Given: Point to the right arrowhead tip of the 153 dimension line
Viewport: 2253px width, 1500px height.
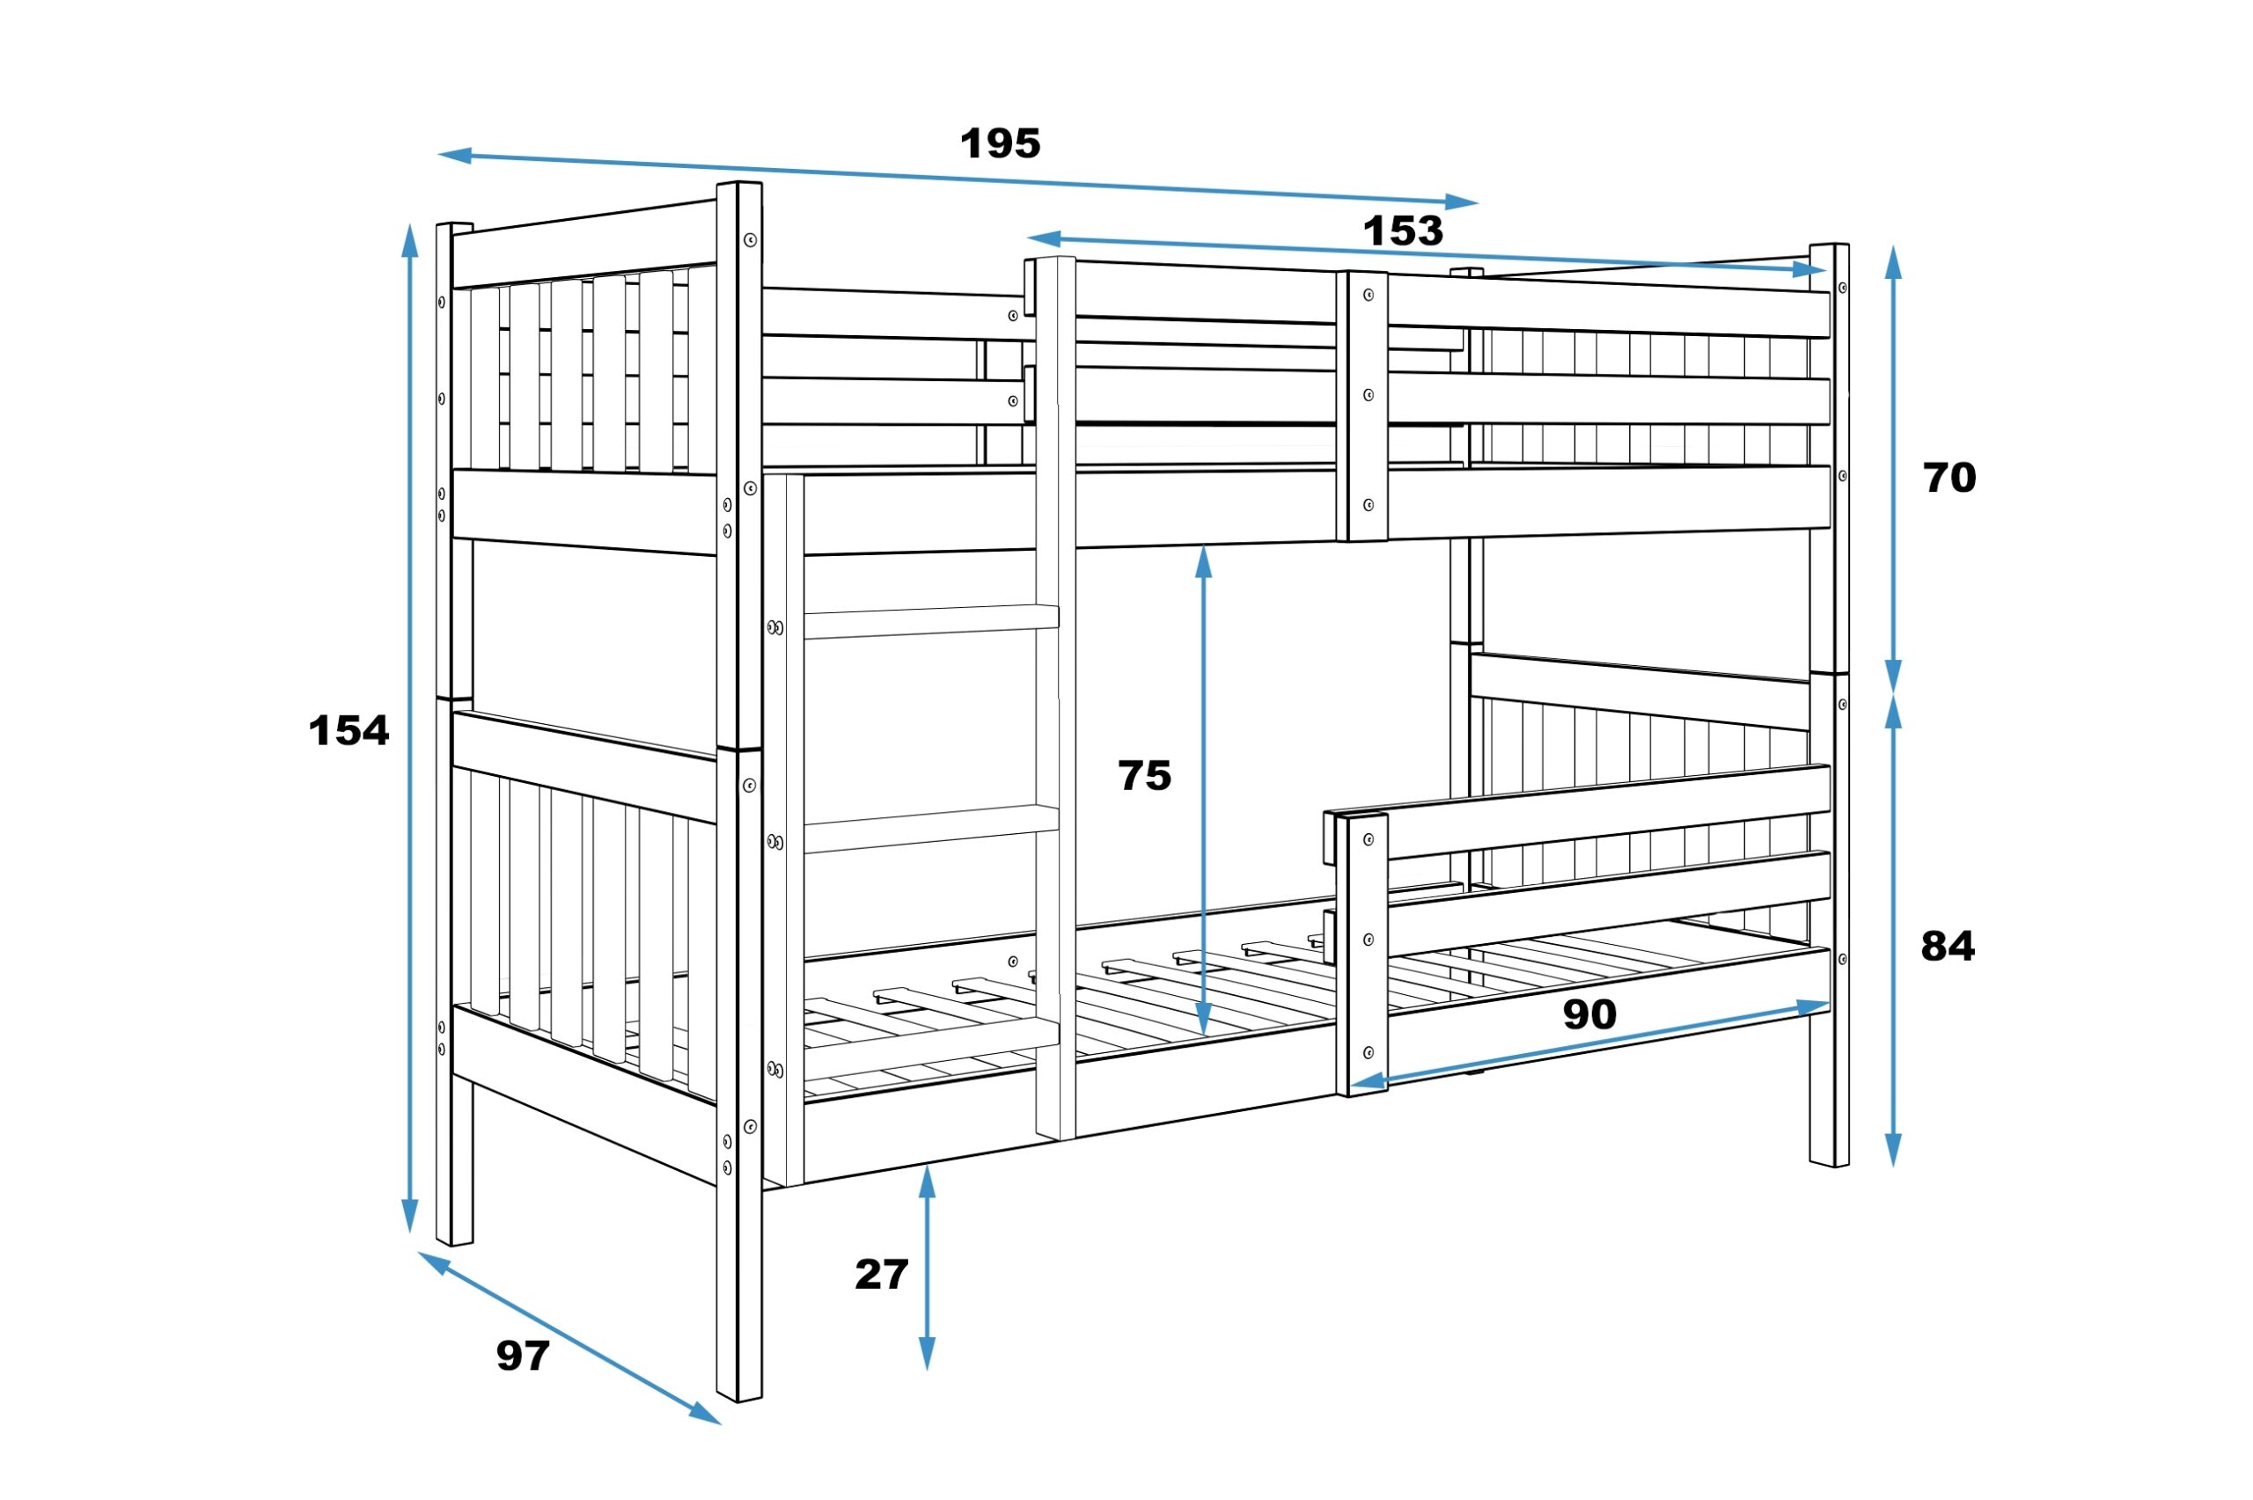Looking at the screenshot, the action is point(1826,271).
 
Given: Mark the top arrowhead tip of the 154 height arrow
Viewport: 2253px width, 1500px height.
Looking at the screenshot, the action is point(410,223).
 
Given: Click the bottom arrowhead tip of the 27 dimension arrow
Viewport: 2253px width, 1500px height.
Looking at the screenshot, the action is point(926,1371).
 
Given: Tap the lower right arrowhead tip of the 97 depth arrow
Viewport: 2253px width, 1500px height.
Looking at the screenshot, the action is point(722,1424).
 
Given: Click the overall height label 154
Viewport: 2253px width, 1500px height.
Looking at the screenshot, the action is point(349,731).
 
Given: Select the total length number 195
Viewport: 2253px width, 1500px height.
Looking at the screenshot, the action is point(1000,143).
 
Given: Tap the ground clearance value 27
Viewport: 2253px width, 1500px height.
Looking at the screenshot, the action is point(881,1274).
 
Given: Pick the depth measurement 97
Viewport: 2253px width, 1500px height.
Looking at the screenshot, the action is point(523,1356).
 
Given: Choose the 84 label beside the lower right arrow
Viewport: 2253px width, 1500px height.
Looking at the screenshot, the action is point(1948,946).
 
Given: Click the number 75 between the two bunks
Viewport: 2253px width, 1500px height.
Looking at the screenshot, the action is point(1144,776).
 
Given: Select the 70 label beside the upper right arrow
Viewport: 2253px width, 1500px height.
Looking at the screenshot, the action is point(1949,478).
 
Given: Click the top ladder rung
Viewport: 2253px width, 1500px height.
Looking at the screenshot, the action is point(931,621).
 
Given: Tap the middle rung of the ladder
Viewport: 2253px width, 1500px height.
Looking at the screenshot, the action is point(931,829).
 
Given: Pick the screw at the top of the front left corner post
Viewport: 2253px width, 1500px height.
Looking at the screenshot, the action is point(750,239).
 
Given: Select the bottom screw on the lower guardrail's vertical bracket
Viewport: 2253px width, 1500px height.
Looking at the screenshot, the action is point(1368,1053).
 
